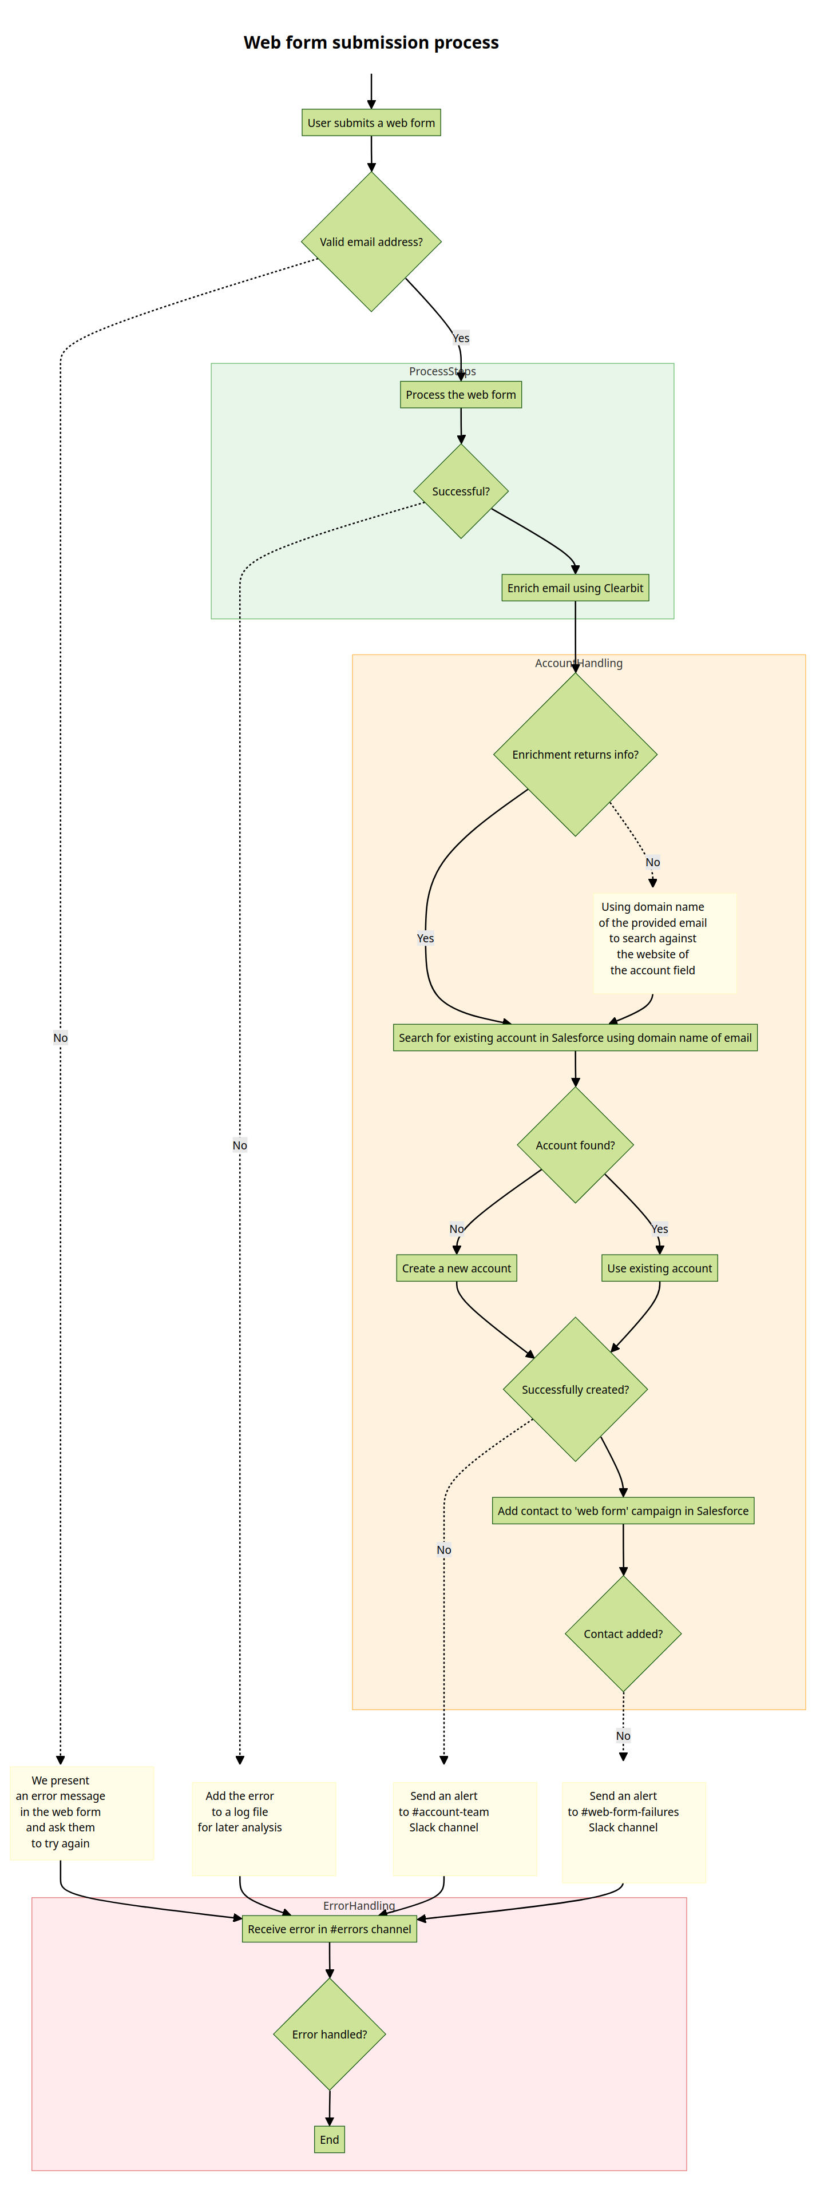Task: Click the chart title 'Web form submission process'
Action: click(x=371, y=43)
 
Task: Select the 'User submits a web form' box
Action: click(x=371, y=123)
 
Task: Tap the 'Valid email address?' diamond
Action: click(x=371, y=242)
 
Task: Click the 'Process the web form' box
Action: click(x=461, y=395)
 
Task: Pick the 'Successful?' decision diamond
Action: click(x=461, y=491)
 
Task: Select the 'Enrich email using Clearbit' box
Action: click(x=575, y=588)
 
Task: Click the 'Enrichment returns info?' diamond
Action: click(x=575, y=755)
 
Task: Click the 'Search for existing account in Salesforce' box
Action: click(x=575, y=1038)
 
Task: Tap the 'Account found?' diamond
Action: click(x=575, y=1145)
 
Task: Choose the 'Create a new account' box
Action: click(x=456, y=1268)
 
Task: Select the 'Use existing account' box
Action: click(x=659, y=1268)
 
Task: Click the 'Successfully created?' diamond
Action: click(x=575, y=1389)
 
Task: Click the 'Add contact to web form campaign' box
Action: click(x=623, y=1510)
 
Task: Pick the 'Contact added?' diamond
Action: click(x=623, y=1634)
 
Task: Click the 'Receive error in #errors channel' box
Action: click(x=329, y=1929)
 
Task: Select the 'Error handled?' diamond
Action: click(x=329, y=2034)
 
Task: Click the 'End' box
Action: click(x=329, y=2139)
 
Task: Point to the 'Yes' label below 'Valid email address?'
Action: click(x=461, y=338)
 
